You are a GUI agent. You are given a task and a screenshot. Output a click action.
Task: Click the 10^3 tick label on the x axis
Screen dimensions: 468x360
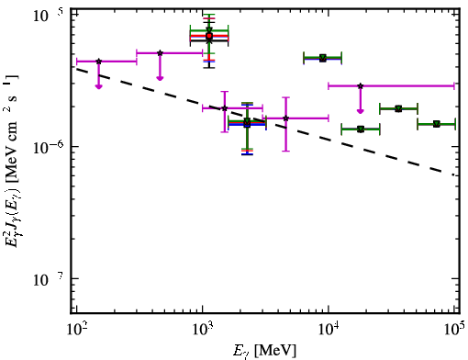pyautogui.click(x=203, y=330)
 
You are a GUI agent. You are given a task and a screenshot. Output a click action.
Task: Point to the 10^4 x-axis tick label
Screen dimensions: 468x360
pyautogui.click(x=329, y=330)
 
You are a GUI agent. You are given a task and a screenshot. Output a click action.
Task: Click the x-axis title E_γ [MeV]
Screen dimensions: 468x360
pyautogui.click(x=264, y=351)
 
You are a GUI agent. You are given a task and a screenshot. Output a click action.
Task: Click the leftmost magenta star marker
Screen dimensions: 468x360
pyautogui.click(x=98, y=62)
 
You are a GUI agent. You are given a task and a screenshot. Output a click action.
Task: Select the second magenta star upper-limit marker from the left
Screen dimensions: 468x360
pyautogui.click(x=160, y=53)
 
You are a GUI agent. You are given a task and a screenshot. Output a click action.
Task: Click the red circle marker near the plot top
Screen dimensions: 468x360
pyautogui.click(x=209, y=36)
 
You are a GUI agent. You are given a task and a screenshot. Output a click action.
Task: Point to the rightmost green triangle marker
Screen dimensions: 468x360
pyautogui.click(x=437, y=124)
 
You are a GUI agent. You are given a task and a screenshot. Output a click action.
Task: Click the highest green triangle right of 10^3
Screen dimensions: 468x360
pyautogui.click(x=323, y=58)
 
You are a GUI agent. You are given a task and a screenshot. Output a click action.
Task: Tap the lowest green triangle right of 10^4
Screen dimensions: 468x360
pyautogui.click(x=361, y=129)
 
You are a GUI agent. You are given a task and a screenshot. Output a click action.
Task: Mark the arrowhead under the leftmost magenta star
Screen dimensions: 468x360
pyautogui.click(x=98, y=86)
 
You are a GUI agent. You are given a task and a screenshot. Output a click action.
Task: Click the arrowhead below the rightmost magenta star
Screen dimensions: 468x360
pyautogui.click(x=361, y=111)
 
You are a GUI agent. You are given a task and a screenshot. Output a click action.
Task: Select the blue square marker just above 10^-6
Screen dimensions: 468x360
pyautogui.click(x=247, y=125)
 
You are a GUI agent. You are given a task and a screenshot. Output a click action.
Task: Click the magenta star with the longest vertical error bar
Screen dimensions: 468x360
pyautogui.click(x=285, y=118)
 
